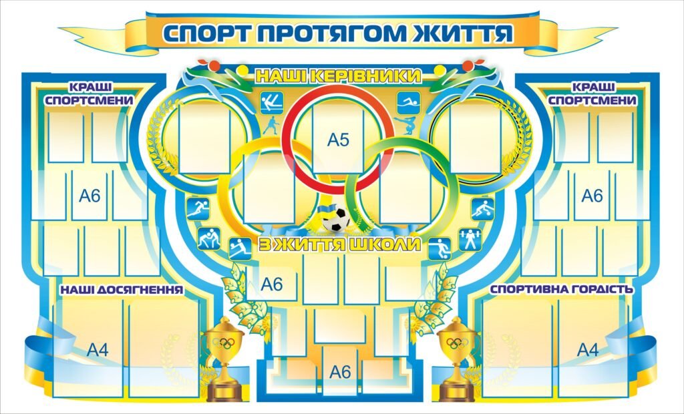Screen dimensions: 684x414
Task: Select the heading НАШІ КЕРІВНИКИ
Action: pyautogui.click(x=338, y=76)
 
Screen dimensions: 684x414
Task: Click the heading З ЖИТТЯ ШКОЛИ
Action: pyautogui.click(x=339, y=244)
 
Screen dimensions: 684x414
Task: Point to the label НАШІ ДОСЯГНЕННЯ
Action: pyautogui.click(x=122, y=290)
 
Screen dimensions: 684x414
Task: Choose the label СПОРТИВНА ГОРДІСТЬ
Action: pyautogui.click(x=561, y=289)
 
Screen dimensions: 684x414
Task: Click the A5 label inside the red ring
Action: pyautogui.click(x=338, y=140)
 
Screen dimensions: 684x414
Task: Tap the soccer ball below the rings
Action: pyautogui.click(x=335, y=219)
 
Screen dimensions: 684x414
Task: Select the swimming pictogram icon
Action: pyautogui.click(x=408, y=103)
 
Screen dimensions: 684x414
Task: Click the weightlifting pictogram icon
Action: pyautogui.click(x=470, y=240)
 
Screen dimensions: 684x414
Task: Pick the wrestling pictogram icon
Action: pyautogui.click(x=208, y=238)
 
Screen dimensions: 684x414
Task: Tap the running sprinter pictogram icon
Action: pyautogui.click(x=198, y=208)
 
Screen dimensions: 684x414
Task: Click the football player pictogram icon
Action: pyautogui.click(x=440, y=248)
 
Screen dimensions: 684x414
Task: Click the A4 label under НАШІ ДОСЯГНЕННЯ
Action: pyautogui.click(x=98, y=349)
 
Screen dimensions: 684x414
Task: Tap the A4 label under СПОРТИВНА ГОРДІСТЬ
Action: pyautogui.click(x=588, y=349)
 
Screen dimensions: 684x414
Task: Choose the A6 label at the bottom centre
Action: pyautogui.click(x=340, y=372)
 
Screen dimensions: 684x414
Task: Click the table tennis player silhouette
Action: pyautogui.click(x=271, y=126)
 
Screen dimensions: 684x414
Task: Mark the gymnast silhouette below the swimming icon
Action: pyautogui.click(x=405, y=126)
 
